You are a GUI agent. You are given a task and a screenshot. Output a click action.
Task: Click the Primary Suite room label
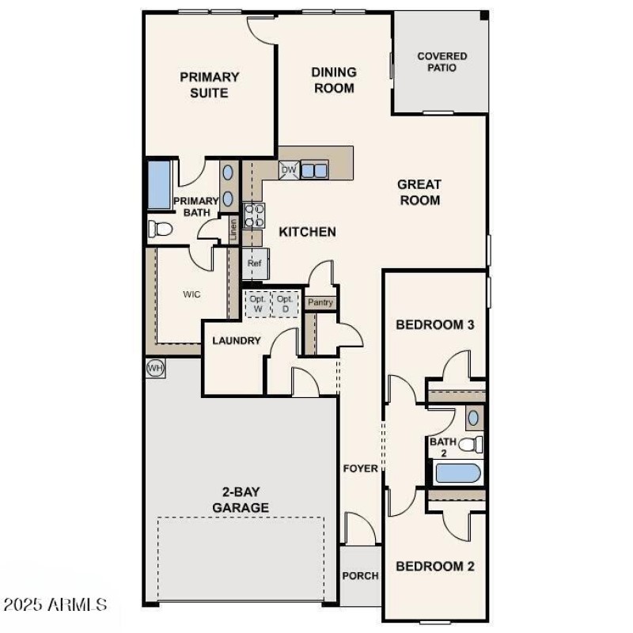(209, 85)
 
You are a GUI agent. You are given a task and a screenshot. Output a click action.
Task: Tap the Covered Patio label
(442, 62)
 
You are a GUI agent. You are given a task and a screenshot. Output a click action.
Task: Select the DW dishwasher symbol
(288, 169)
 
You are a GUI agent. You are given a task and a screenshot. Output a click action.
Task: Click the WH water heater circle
(155, 368)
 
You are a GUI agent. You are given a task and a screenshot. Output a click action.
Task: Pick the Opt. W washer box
(257, 304)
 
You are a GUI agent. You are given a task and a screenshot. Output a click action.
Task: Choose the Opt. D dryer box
(286, 304)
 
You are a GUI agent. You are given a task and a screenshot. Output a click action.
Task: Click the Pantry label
(320, 302)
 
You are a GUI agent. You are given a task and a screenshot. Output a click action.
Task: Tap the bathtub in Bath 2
(457, 473)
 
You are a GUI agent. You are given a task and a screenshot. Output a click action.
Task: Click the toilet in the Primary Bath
(161, 229)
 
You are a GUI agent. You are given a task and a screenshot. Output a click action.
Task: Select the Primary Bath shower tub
(159, 185)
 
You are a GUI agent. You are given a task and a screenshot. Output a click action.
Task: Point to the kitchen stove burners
(254, 215)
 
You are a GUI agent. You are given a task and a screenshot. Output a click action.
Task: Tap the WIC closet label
(191, 294)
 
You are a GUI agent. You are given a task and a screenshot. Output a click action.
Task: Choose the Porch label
(360, 576)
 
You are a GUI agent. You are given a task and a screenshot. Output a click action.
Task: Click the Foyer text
(360, 468)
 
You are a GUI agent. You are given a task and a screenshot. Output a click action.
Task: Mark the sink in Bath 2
(473, 417)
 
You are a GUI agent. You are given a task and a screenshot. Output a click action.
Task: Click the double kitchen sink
(313, 169)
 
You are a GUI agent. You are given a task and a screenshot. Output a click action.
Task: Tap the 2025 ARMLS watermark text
(55, 605)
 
